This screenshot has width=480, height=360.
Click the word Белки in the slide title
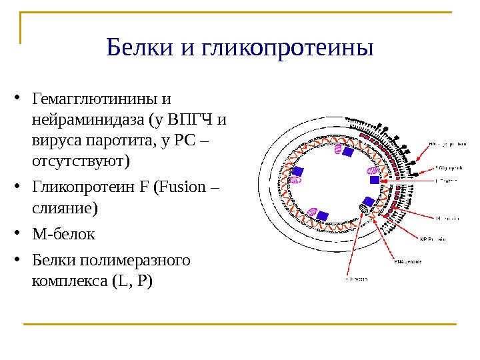[x=137, y=49]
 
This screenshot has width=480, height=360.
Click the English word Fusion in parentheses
[x=180, y=187]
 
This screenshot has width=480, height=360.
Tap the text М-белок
[x=63, y=234]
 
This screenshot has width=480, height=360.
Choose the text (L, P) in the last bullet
[x=133, y=281]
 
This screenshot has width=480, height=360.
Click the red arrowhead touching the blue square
[x=383, y=180]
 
